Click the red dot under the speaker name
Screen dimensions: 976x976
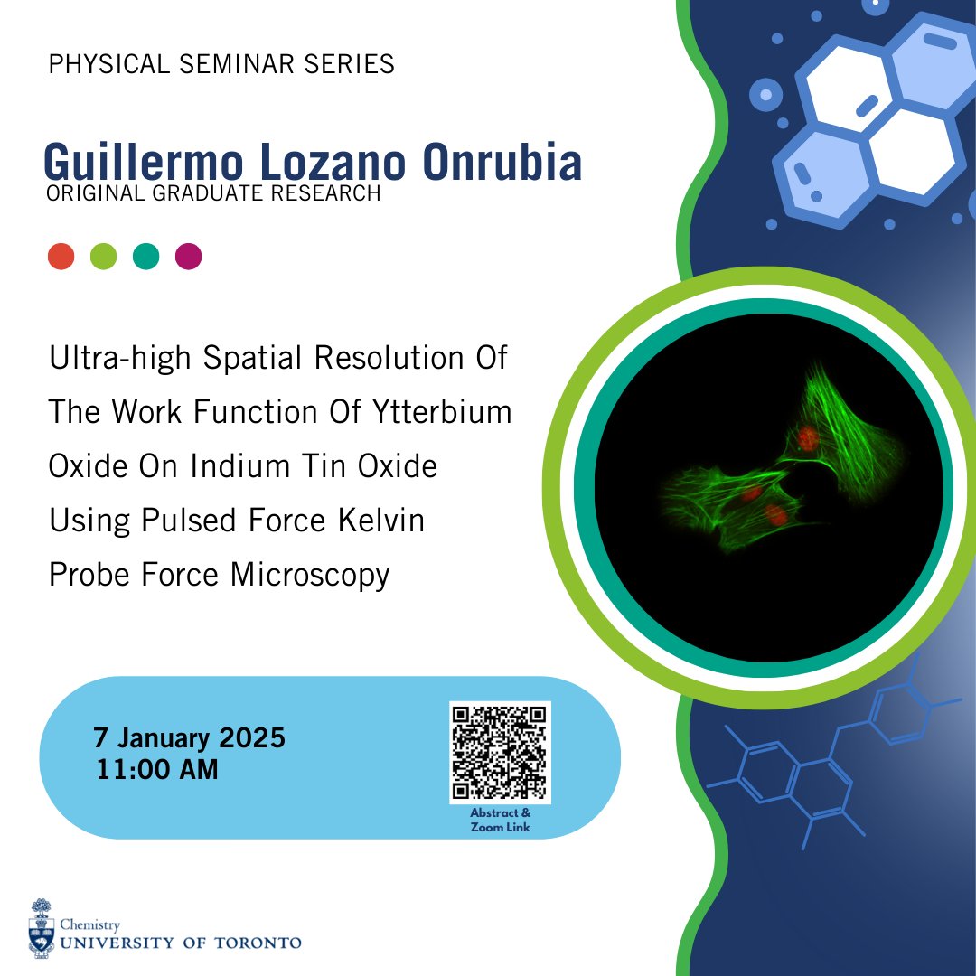point(61,257)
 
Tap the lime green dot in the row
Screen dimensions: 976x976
point(103,257)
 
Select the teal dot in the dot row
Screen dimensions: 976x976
point(145,257)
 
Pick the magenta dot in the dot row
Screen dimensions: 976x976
point(188,257)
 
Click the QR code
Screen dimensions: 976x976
point(500,752)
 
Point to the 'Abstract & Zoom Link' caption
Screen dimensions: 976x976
point(500,820)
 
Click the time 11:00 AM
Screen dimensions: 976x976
point(155,770)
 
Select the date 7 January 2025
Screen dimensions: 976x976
point(189,738)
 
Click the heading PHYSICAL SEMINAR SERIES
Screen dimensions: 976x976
point(221,65)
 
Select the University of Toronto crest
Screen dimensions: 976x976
point(41,928)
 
